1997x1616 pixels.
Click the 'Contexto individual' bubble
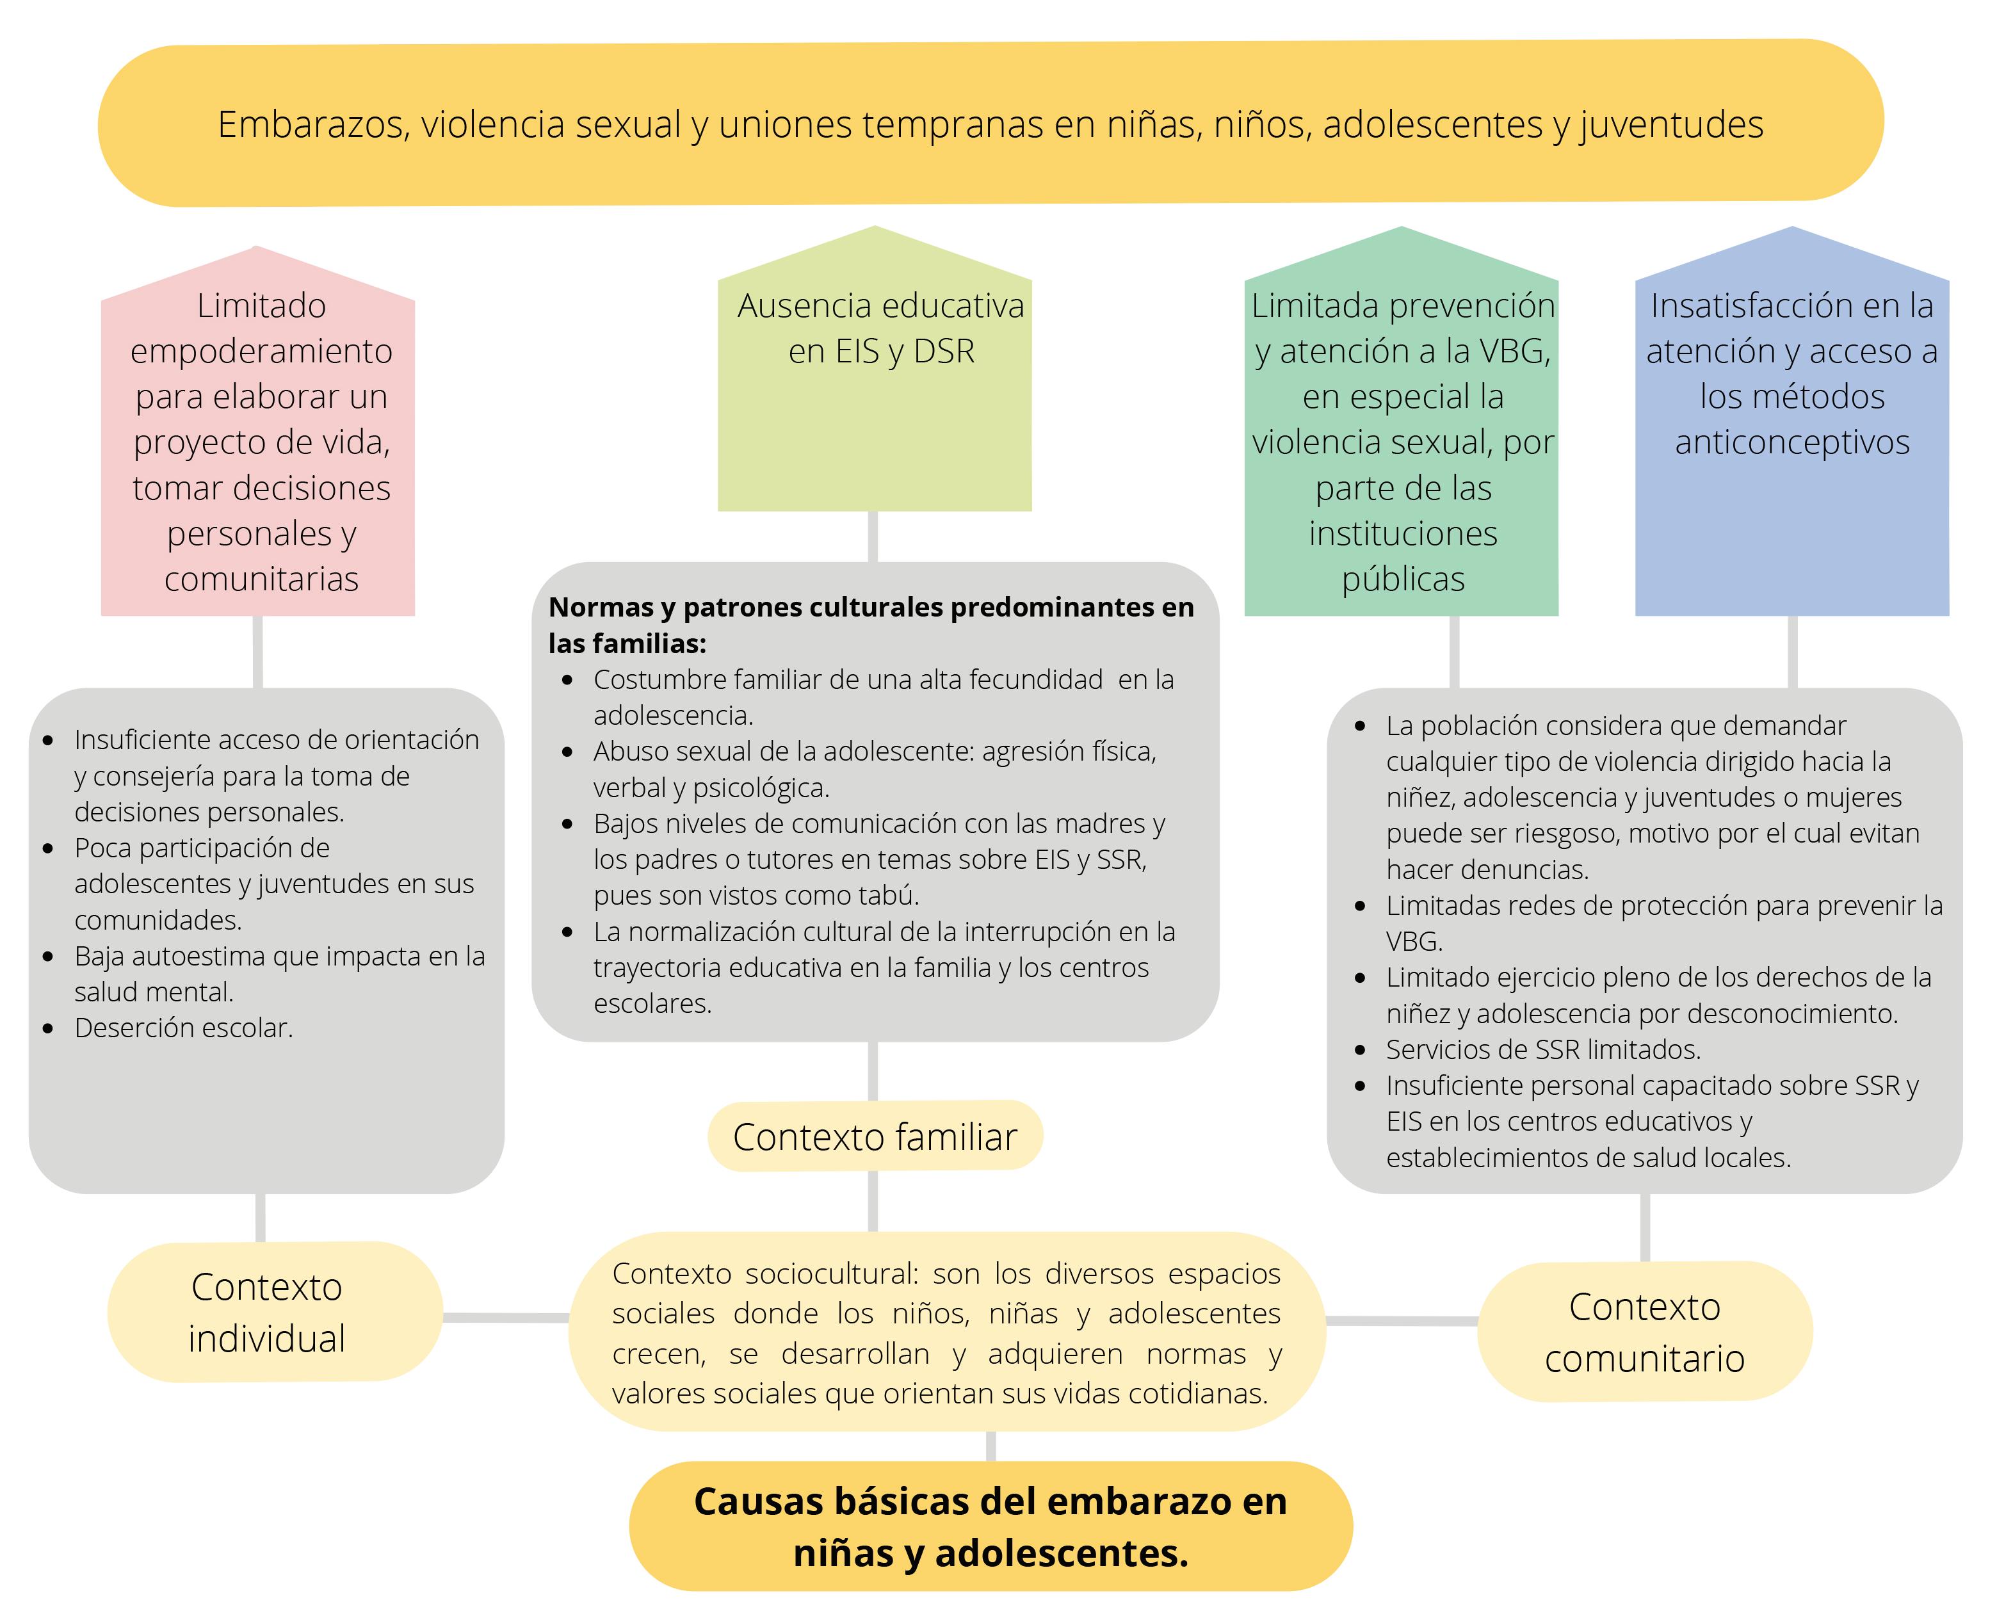click(267, 1313)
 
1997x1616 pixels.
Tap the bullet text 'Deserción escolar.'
click(183, 1028)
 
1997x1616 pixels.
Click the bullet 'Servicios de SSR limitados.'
click(1542, 1049)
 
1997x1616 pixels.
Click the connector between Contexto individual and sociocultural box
click(506, 1317)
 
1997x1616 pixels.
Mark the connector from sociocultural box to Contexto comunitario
click(1401, 1321)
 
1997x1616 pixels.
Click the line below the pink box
click(258, 652)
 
